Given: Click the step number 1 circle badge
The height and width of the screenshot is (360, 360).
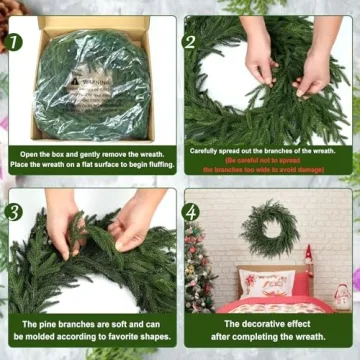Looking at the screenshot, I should tap(16, 42).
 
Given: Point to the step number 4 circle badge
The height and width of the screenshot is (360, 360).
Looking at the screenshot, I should tap(191, 212).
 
